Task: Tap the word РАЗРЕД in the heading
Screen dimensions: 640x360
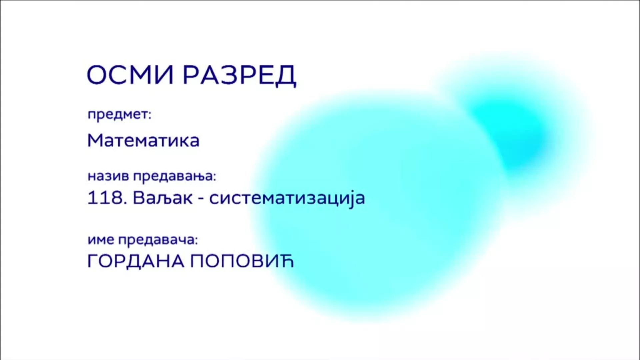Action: point(239,76)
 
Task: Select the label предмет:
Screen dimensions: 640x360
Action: point(119,115)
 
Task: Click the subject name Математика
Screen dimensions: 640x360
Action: point(143,140)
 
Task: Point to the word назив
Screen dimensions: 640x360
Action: point(108,176)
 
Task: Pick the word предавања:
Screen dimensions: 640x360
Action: point(175,176)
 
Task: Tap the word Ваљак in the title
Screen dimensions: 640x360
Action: point(163,198)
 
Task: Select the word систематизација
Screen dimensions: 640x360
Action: point(287,198)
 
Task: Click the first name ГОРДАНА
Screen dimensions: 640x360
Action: point(136,261)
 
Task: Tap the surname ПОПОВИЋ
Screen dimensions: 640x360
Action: point(242,261)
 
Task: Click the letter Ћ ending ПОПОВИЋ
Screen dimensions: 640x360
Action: point(286,261)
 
